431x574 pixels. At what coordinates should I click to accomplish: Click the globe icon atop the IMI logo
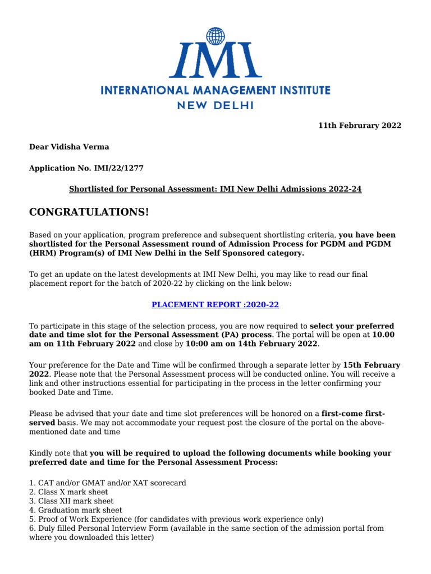click(x=215, y=36)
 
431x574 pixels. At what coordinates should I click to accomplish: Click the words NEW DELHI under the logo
click(x=215, y=105)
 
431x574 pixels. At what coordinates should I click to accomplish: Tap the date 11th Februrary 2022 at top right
click(x=360, y=126)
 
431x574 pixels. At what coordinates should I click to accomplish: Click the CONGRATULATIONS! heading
click(x=89, y=212)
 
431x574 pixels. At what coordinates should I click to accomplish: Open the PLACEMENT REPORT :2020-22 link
click(x=215, y=304)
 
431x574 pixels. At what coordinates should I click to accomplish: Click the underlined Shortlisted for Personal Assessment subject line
click(x=215, y=189)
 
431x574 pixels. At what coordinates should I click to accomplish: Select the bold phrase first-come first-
click(x=353, y=413)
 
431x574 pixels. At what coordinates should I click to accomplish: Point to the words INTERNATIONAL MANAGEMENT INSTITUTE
click(x=215, y=90)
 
